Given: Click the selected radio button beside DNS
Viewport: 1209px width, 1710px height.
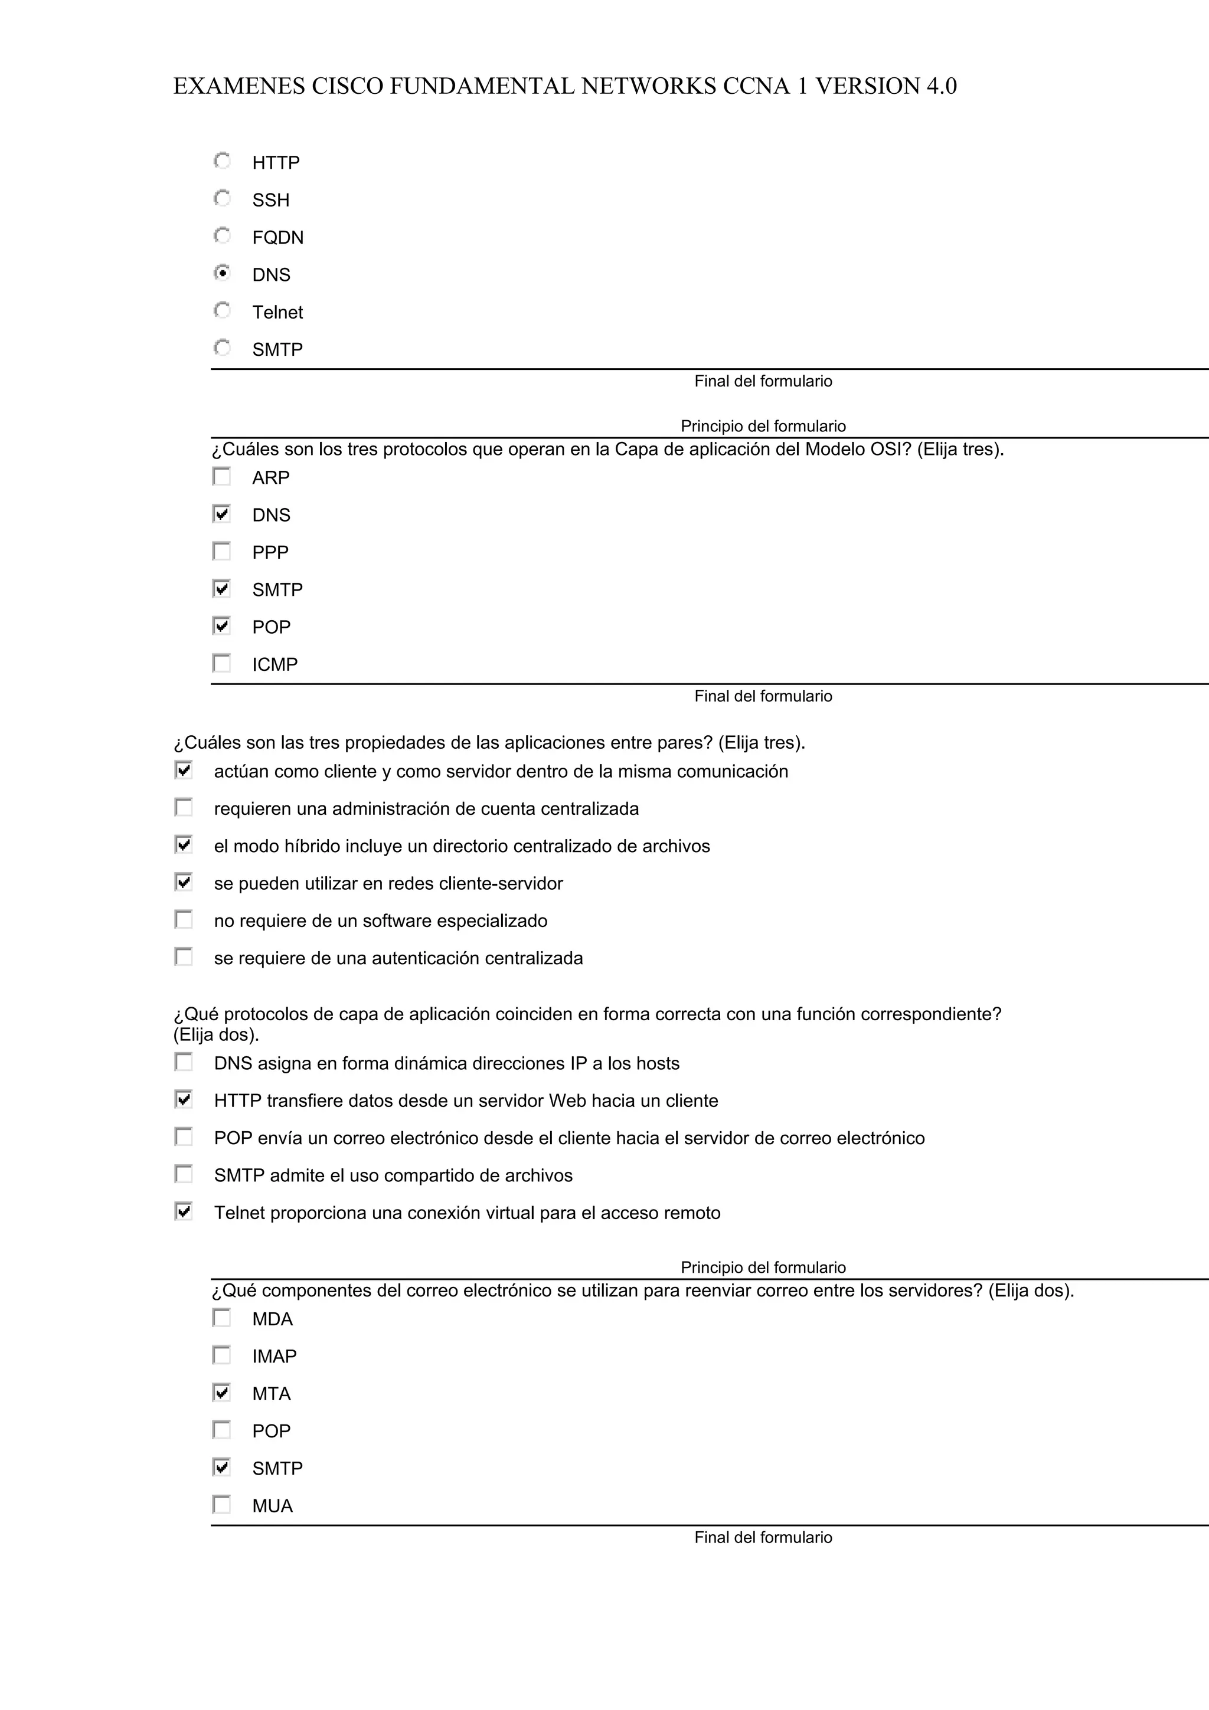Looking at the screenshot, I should point(222,273).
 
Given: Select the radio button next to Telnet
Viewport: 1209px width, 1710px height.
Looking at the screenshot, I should point(222,310).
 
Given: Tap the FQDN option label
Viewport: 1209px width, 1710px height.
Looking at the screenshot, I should point(278,238).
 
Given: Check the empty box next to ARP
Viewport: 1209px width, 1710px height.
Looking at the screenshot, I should point(221,477).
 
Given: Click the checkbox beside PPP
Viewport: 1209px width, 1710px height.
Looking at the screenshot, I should point(221,551).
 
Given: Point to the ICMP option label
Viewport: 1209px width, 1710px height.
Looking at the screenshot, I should point(275,664).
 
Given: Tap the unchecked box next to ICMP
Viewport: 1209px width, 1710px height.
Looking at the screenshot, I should point(221,663).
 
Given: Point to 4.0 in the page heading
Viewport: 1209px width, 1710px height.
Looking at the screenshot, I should point(942,86).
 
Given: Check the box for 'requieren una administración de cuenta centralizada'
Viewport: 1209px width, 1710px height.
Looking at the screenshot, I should point(183,807).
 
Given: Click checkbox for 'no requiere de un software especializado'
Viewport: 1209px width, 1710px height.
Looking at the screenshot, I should point(183,920).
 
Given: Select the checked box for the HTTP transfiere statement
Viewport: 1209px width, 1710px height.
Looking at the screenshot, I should point(183,1099).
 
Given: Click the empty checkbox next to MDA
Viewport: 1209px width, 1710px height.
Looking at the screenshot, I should point(221,1318).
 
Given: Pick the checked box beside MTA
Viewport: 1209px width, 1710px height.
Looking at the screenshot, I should point(221,1392).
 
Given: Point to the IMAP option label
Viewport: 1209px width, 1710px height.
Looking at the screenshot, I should point(274,1356).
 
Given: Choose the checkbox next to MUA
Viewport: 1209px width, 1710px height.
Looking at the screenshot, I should point(221,1505).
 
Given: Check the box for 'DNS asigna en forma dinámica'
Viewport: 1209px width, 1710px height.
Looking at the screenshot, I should point(183,1062).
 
